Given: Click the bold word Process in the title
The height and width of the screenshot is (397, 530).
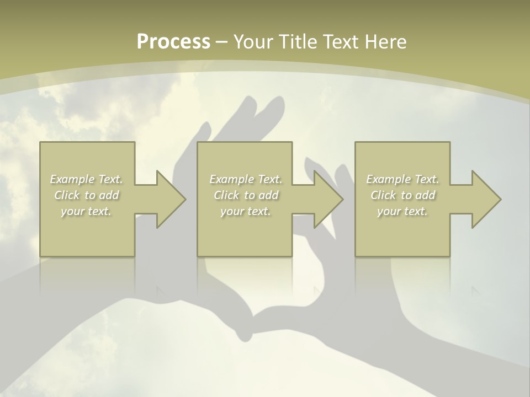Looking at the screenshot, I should tap(173, 42).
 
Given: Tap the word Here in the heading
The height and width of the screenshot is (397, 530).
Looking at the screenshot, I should tap(386, 42).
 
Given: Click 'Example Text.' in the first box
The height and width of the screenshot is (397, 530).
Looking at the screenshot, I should tap(87, 179).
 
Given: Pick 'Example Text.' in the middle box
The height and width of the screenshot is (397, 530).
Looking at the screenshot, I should tap(246, 179).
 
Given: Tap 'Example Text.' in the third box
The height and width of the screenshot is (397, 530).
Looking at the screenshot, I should tap(402, 179).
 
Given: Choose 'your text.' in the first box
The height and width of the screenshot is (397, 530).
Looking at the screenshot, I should tap(86, 211).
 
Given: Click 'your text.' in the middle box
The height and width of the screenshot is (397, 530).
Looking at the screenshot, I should tap(246, 211).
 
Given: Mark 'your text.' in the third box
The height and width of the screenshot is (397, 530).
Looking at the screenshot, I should tap(402, 211).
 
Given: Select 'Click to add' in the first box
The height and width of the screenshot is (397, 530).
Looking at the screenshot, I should tap(87, 195).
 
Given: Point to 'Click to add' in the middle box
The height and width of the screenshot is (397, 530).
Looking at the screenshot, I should tap(246, 195).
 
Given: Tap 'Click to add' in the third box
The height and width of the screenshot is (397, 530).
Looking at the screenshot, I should tap(402, 195).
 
